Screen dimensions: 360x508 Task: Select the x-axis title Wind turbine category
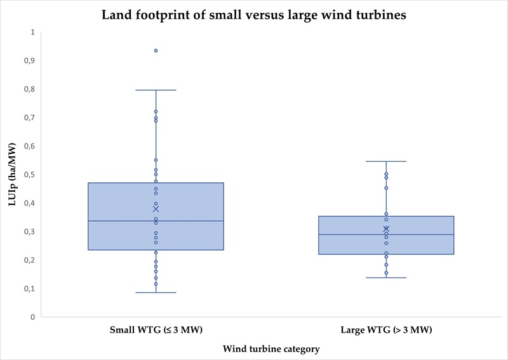[x=271, y=349]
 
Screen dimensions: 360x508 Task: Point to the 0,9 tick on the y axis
[x=29, y=60]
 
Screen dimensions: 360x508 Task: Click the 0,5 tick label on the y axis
[x=29, y=175]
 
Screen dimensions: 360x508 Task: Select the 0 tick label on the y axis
[x=32, y=317]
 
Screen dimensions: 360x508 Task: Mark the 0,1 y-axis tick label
[x=29, y=288]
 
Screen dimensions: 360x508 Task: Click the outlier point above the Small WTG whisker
[x=156, y=50]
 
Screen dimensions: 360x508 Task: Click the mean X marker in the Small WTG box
[x=156, y=209]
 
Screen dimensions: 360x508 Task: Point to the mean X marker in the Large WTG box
[x=386, y=229]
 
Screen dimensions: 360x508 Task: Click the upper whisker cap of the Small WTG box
[x=156, y=90]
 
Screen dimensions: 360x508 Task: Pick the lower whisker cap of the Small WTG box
[x=156, y=293]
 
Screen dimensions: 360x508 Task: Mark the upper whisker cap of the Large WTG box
[x=386, y=161]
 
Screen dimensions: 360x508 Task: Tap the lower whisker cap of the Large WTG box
[x=386, y=277]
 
